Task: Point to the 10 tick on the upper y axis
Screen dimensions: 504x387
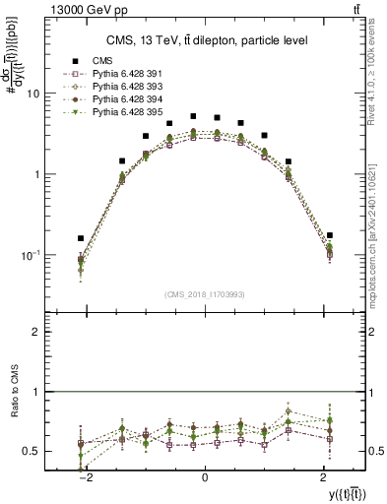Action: coord(32,94)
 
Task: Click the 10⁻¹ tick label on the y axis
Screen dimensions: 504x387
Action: coord(30,255)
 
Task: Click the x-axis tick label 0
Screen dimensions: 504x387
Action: coord(204,477)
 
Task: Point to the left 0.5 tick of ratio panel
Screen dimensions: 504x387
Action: coord(32,451)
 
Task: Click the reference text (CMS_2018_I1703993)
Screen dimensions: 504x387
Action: coord(204,294)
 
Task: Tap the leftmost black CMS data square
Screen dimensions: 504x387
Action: coord(81,238)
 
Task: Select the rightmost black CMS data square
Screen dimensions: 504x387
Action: coord(329,235)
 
